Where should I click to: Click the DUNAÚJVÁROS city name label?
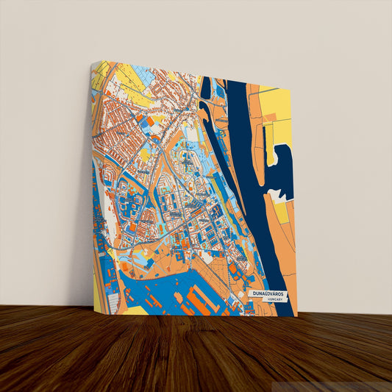tap(269, 293)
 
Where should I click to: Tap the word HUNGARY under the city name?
tap(275, 301)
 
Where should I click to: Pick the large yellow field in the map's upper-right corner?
tap(277, 107)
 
